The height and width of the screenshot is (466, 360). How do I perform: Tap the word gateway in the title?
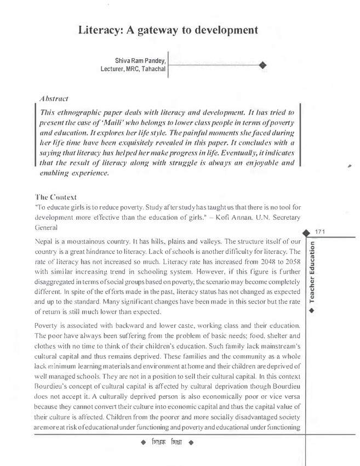pos(163,30)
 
